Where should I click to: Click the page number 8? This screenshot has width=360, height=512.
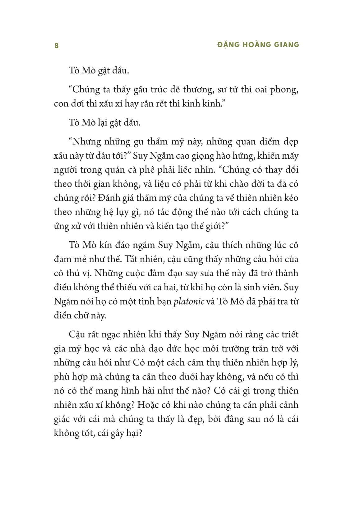click(x=56, y=46)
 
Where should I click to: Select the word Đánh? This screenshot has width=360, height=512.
click(x=116, y=198)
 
